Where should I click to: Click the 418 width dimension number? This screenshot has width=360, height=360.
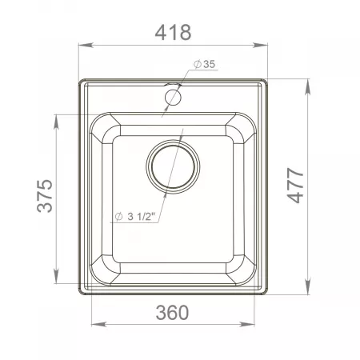(173, 33)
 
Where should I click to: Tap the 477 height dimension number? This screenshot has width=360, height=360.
(295, 186)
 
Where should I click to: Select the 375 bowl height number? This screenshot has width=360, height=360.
(45, 196)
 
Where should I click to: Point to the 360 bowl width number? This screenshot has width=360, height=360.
(172, 313)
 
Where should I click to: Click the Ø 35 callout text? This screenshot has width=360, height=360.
(205, 64)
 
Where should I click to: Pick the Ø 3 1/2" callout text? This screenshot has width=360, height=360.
(135, 217)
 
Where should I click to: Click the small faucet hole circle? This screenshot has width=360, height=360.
(174, 97)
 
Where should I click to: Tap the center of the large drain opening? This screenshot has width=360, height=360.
(173, 166)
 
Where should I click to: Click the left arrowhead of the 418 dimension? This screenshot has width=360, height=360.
(86, 45)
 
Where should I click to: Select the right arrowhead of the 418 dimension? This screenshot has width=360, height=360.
(260, 45)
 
